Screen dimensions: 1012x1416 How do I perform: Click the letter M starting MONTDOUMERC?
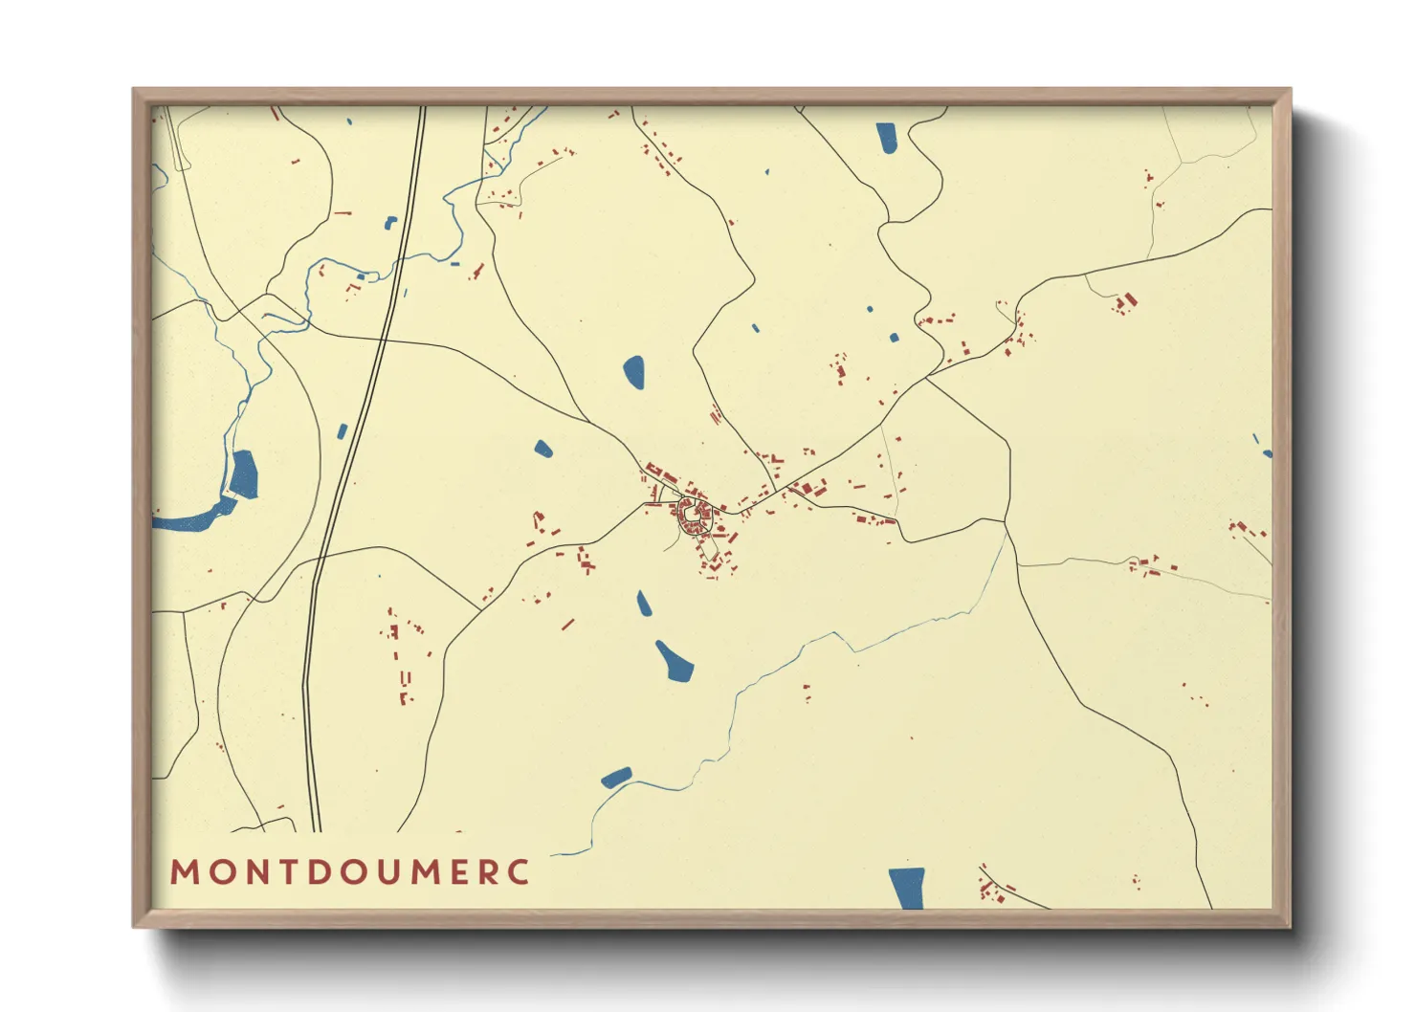coord(183,872)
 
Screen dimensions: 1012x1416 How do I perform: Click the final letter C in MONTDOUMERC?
coord(520,872)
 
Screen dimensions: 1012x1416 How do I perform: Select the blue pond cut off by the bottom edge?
coord(906,888)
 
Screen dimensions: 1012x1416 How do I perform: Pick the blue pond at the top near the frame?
coord(886,138)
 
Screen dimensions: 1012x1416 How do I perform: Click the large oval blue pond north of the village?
coord(633,371)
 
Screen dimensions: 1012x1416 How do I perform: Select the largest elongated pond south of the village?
coord(675,661)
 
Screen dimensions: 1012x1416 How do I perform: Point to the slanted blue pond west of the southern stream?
coord(616,777)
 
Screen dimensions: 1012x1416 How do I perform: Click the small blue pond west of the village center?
coord(542,448)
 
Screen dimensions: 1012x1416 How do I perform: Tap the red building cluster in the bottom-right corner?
coord(992,890)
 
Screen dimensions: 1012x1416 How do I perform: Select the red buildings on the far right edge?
coord(1247,529)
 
